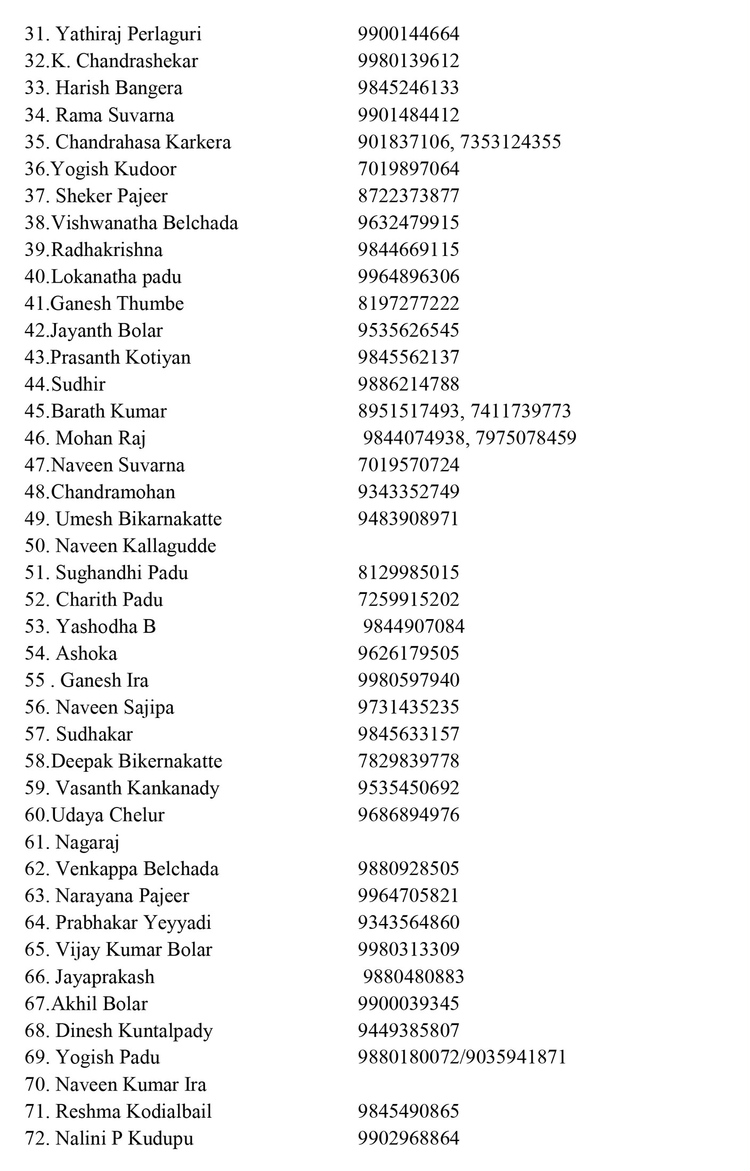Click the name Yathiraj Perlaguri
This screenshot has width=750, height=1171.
(128, 35)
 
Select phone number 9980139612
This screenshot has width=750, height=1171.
(408, 61)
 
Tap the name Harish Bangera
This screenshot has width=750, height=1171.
(119, 88)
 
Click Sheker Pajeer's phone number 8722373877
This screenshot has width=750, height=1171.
(408, 196)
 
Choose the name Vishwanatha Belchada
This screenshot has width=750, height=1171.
(144, 223)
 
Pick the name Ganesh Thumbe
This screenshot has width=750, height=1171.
(117, 304)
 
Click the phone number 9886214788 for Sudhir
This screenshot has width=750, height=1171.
(408, 384)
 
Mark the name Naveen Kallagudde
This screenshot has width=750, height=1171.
(136, 546)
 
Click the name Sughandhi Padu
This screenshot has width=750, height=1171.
(122, 573)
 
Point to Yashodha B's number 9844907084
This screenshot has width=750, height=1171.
(413, 626)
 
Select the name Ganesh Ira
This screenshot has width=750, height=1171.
(104, 681)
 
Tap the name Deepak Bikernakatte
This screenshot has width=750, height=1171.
(137, 762)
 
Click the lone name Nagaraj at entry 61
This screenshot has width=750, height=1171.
(87, 843)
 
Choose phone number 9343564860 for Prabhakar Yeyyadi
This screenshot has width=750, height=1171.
(408, 923)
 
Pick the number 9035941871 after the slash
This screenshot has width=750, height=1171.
(516, 1057)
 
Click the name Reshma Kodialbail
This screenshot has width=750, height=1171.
(134, 1111)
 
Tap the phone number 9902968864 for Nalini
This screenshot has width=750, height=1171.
(408, 1139)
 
